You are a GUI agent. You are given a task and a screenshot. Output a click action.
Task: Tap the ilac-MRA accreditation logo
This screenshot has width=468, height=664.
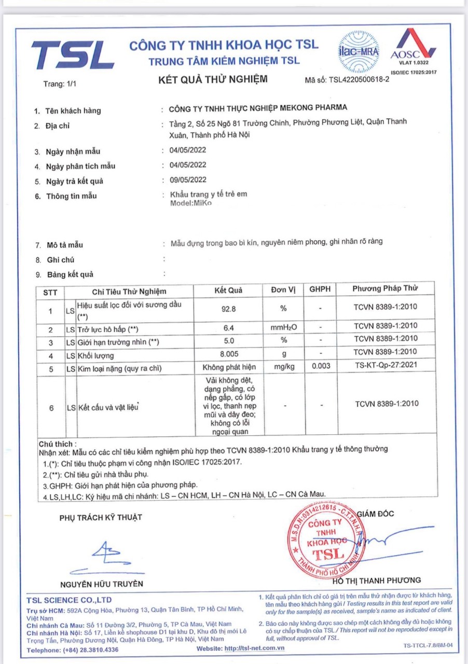pos(359,52)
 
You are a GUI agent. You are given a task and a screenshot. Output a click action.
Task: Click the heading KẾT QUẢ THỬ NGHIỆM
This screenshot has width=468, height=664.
pos(213,79)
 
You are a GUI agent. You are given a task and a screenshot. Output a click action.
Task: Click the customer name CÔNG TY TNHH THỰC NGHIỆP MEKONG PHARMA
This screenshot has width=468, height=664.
pos(258,108)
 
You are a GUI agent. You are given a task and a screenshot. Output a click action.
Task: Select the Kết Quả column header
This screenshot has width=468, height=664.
pos(228,290)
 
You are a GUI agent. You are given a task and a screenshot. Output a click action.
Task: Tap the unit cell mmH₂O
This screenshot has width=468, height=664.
pos(283,328)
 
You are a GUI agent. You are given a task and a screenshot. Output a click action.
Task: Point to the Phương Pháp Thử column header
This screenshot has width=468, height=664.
pos(386,288)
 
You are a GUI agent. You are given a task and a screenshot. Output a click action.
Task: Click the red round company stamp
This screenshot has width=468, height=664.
pos(326,539)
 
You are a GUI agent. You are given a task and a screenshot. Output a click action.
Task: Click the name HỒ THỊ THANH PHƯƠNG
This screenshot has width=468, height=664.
pos(377,580)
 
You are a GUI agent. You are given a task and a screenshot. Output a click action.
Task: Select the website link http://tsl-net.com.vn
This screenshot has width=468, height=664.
pos(255,649)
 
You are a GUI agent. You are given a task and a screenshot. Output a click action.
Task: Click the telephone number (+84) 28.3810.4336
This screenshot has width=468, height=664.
pos(91,649)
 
